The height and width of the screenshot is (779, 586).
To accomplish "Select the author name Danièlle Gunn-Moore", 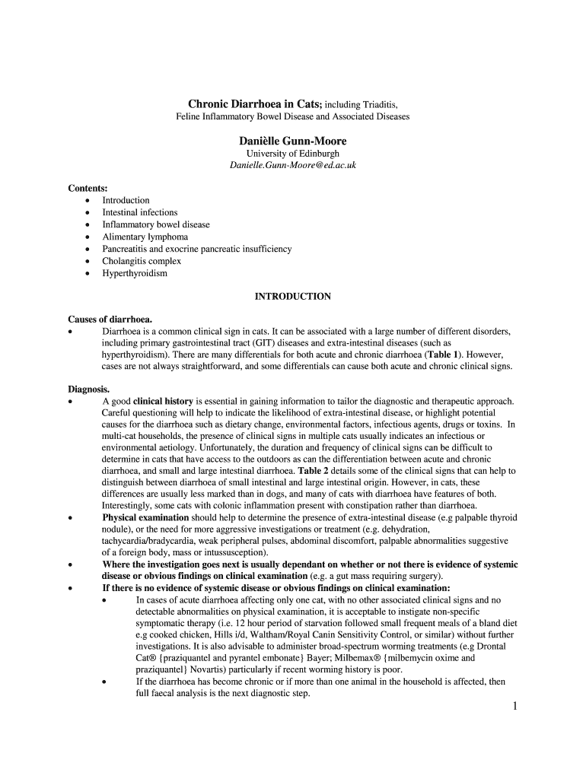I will [x=293, y=141].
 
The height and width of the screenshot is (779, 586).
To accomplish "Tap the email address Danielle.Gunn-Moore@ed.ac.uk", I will [x=293, y=165].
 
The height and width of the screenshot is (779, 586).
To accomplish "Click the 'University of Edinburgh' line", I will [x=293, y=154].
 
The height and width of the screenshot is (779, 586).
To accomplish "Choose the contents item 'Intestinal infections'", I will [x=140, y=212].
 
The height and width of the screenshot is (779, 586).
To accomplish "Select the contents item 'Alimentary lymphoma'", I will [x=145, y=237].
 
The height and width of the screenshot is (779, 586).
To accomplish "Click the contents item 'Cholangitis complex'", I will [x=142, y=261].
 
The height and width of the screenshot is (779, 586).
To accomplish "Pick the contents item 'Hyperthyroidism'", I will [x=135, y=273].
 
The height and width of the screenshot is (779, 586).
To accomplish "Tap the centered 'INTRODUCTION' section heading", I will [x=293, y=297].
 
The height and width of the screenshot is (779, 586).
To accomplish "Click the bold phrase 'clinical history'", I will [x=164, y=401].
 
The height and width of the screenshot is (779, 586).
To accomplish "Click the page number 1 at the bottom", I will [x=514, y=707].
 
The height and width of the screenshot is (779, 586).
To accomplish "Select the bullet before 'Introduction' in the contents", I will [x=88, y=201].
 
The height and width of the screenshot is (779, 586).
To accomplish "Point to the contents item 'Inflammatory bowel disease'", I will [x=156, y=224].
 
